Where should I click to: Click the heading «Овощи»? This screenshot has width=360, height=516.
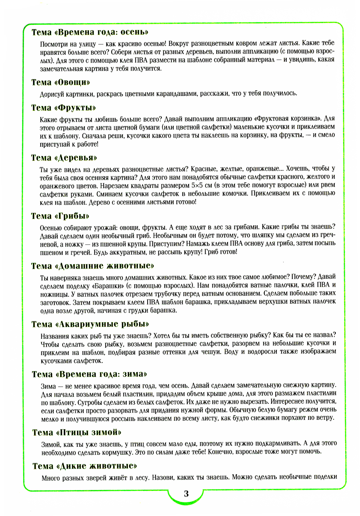point(61,82)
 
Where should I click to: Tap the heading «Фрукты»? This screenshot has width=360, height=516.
point(64,108)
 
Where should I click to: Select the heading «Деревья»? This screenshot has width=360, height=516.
point(64,158)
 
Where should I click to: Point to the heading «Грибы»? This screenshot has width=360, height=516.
point(60,216)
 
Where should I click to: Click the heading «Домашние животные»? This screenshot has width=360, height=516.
point(93,266)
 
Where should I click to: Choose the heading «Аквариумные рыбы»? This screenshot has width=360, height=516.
point(90,324)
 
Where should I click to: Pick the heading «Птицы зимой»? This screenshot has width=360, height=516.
point(77,432)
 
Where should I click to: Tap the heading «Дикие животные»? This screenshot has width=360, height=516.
point(85,466)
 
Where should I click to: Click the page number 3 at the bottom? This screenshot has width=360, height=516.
point(186,494)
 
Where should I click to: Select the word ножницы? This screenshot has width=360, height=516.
point(53,294)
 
